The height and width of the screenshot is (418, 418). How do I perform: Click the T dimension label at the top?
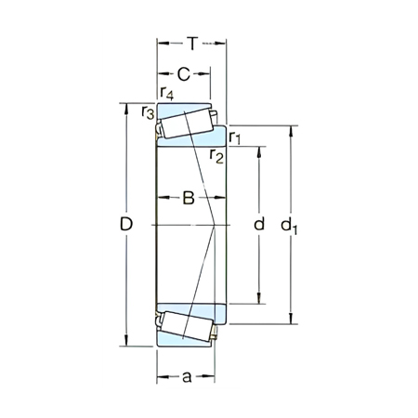coord(191,43)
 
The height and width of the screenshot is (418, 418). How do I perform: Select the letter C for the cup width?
coord(184,73)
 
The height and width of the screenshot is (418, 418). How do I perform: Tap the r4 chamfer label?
coord(165,93)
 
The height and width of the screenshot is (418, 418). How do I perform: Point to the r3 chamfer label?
coord(147,112)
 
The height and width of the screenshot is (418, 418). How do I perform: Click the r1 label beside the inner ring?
coord(236,137)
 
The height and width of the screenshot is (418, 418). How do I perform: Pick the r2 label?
coord(216,154)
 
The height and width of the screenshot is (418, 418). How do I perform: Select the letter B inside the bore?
coord(188,197)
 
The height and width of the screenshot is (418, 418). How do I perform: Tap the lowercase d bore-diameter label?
coord(259,224)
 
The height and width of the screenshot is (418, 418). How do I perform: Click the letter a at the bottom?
coord(186,377)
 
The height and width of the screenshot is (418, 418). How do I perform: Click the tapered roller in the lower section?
coord(188,325)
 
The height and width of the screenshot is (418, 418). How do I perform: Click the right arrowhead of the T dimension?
coord(223,43)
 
